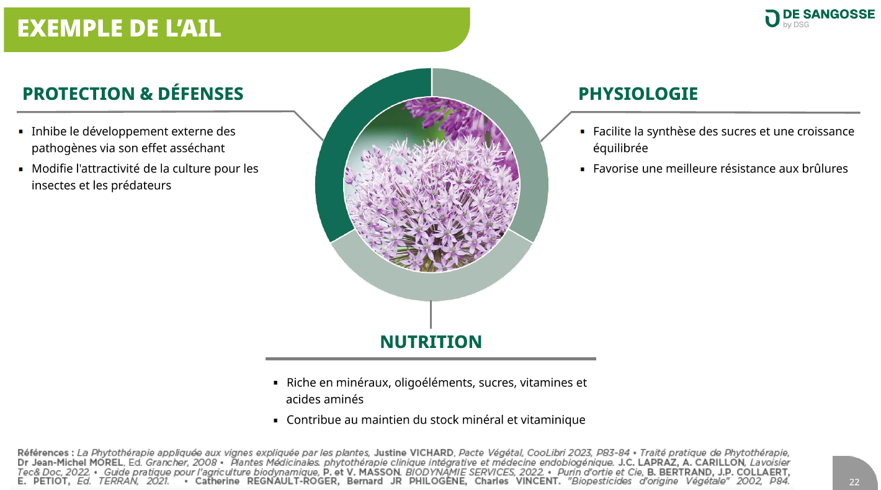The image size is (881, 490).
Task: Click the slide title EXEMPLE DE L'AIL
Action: pyautogui.click(x=119, y=29)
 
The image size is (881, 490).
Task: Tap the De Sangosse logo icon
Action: pyautogui.click(x=772, y=19)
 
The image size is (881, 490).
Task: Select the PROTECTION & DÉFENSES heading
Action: pyautogui.click(x=133, y=94)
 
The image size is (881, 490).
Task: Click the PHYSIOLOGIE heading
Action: pyautogui.click(x=638, y=94)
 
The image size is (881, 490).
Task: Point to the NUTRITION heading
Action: pyautogui.click(x=431, y=342)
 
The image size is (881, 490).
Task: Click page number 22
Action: pyautogui.click(x=854, y=482)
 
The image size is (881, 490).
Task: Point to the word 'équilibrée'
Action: pyautogui.click(x=620, y=148)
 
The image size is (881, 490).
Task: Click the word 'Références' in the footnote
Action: pyautogui.click(x=43, y=453)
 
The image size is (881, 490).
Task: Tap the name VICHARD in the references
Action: pyautogui.click(x=431, y=453)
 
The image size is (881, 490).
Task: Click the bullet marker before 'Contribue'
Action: pyautogui.click(x=275, y=421)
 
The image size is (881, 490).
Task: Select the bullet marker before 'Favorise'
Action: pyautogui.click(x=583, y=169)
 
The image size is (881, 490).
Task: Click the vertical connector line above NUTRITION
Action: pyautogui.click(x=431, y=314)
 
